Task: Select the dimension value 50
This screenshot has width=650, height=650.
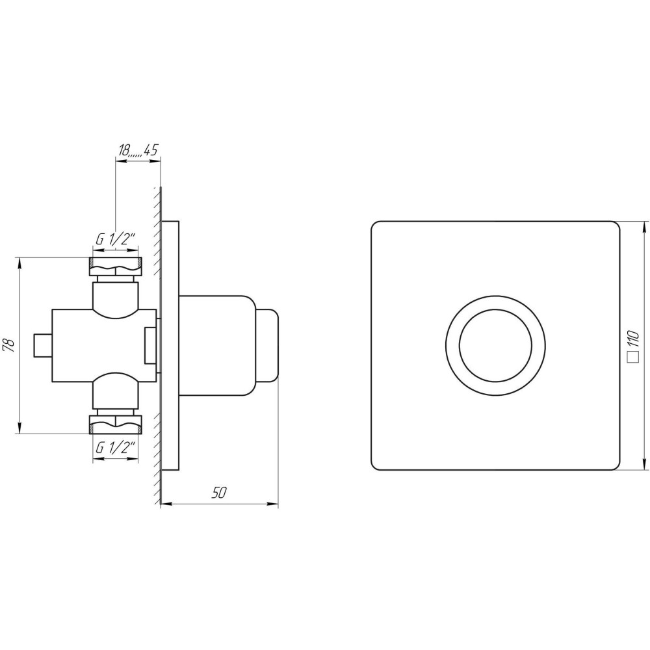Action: (219, 493)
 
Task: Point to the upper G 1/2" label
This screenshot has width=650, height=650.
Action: (116, 240)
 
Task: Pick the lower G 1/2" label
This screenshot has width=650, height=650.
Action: (116, 448)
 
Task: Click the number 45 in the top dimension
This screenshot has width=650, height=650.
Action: (151, 151)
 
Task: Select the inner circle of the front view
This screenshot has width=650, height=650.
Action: (495, 345)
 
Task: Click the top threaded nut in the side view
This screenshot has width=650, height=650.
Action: (116, 266)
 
